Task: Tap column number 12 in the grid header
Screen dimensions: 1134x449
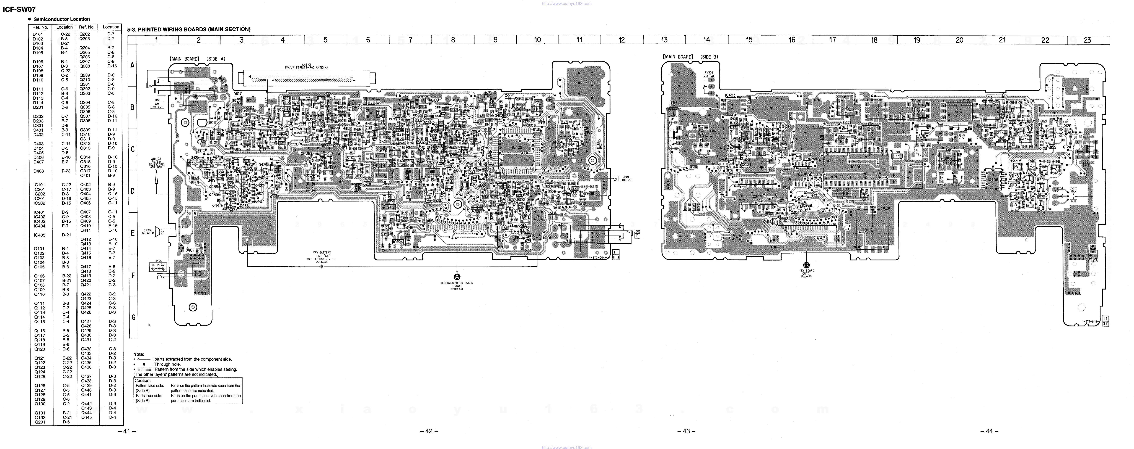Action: (622, 40)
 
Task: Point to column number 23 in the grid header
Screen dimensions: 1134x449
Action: (1087, 40)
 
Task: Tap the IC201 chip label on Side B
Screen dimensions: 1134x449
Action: (855, 167)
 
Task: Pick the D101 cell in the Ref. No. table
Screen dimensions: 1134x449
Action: (38, 34)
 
